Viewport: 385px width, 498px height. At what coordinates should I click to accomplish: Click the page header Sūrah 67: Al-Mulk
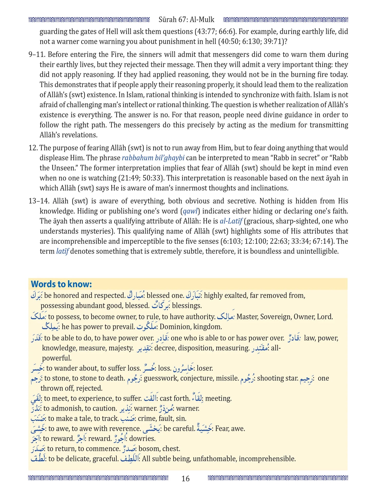click(186, 19)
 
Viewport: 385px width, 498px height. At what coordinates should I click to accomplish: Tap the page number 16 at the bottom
click(185, 479)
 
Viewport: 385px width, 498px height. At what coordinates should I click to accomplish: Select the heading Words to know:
click(61, 284)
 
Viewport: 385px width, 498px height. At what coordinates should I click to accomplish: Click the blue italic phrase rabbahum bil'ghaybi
click(153, 158)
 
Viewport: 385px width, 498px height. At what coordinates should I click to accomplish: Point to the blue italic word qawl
click(190, 211)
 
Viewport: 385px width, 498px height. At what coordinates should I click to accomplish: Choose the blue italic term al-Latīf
click(231, 221)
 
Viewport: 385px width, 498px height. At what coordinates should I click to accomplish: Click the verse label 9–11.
click(37, 55)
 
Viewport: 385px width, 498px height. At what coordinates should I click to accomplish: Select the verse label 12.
click(33, 148)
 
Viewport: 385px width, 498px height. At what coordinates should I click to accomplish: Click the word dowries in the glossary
click(142, 438)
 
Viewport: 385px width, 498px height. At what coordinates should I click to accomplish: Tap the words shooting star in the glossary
click(278, 378)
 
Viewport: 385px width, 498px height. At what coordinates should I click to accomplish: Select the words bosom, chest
click(159, 448)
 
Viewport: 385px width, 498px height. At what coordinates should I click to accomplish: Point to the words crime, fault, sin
click(162, 418)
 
